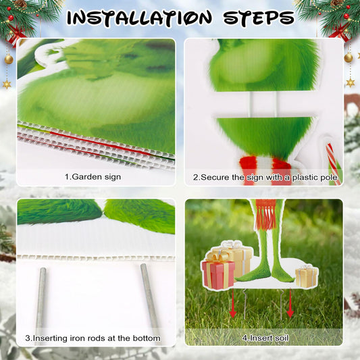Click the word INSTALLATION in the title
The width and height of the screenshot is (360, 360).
[139, 18]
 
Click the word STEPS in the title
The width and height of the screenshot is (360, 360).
[259, 17]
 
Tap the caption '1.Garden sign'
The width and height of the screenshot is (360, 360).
[93, 177]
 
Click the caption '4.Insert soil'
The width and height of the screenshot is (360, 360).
[265, 338]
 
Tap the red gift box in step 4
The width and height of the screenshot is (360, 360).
[218, 274]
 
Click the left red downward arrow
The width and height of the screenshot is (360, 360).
[233, 303]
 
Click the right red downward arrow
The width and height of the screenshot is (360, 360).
[290, 303]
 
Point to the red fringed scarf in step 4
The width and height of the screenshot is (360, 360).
[265, 214]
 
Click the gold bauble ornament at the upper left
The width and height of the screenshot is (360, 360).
[9, 59]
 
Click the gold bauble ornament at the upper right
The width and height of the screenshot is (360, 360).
[349, 57]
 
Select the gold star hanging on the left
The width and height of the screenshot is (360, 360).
[7, 84]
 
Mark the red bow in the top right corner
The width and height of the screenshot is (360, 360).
[339, 32]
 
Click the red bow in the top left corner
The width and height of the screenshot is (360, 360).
[16, 34]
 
